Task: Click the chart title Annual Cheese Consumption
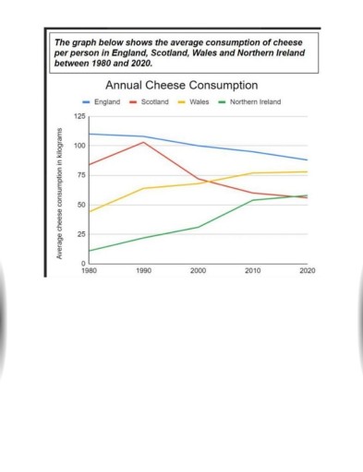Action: click(x=181, y=85)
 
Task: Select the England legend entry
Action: click(x=114, y=102)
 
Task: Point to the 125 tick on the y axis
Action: click(x=79, y=116)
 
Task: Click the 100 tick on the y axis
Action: click(x=79, y=146)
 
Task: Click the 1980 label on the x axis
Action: click(x=89, y=272)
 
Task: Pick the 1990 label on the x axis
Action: click(x=142, y=272)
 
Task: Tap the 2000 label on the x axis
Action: click(x=198, y=272)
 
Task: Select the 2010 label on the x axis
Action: click(x=253, y=272)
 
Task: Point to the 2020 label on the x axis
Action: click(x=307, y=272)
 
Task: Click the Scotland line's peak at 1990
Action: click(x=142, y=142)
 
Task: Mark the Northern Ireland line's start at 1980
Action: click(x=89, y=251)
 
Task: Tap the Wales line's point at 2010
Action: click(x=253, y=173)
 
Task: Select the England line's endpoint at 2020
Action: click(x=308, y=160)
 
